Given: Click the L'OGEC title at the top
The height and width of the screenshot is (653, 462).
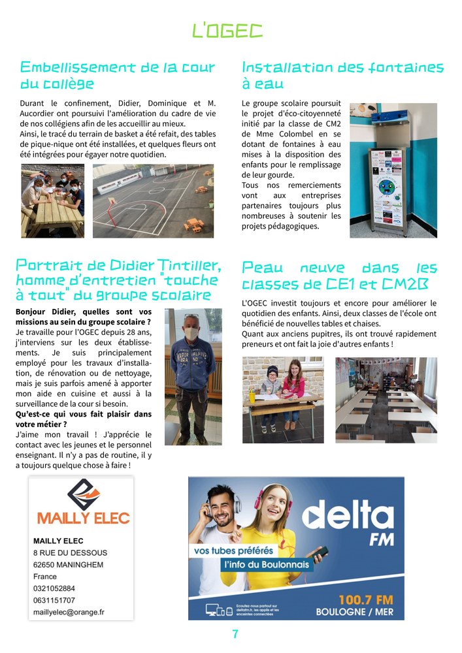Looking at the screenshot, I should [x=227, y=30].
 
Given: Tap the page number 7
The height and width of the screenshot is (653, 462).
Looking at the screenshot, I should [x=235, y=634].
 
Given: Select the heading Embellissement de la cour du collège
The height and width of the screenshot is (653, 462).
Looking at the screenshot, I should [x=118, y=76].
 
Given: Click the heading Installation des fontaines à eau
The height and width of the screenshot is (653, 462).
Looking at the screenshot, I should [x=342, y=76].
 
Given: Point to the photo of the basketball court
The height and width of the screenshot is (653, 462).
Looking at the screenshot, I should [x=153, y=200].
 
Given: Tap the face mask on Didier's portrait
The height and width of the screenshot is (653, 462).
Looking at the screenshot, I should [x=193, y=332].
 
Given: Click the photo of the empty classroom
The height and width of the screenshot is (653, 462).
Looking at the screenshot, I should [x=386, y=398].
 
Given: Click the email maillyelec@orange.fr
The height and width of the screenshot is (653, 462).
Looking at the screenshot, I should [x=69, y=613].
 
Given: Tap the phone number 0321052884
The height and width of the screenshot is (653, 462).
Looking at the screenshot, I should [x=54, y=588].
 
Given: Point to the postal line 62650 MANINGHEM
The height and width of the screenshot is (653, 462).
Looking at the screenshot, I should [x=68, y=564].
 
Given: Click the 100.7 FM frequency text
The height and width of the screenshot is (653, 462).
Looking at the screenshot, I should [x=365, y=599].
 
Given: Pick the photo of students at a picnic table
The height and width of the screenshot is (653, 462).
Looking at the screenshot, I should [x=52, y=200].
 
